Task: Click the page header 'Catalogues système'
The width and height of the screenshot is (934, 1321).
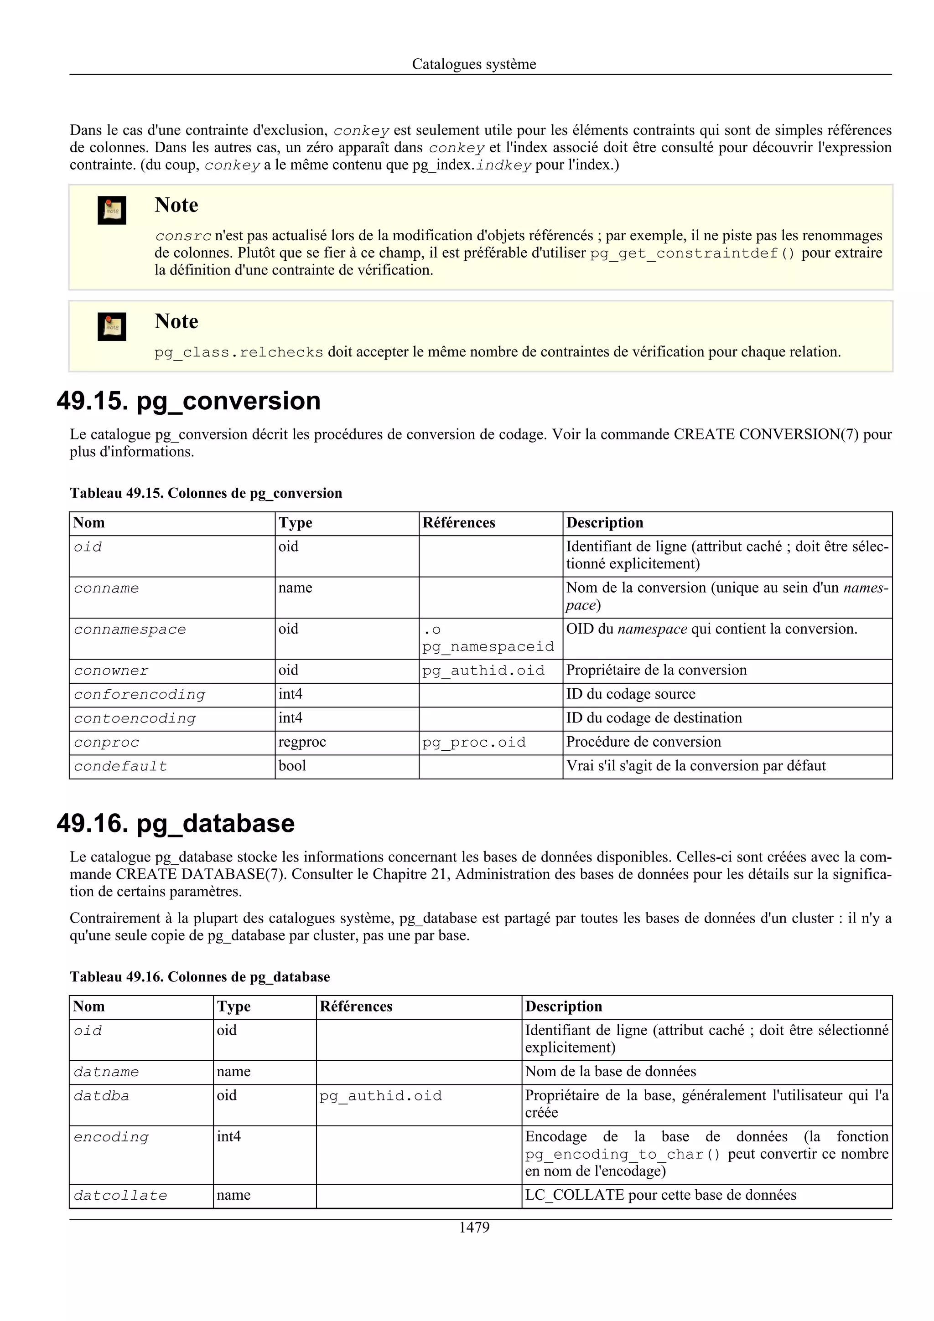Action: coord(474,64)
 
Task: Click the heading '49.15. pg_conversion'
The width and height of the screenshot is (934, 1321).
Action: coord(189,401)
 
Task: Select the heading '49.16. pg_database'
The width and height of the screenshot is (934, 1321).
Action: coord(176,823)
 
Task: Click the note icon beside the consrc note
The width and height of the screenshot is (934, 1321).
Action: coord(112,210)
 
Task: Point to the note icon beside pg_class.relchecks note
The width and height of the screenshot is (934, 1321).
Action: coord(112,326)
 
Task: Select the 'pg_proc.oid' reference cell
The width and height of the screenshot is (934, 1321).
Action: coord(474,743)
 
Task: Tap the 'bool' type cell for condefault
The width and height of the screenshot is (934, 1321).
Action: coord(292,766)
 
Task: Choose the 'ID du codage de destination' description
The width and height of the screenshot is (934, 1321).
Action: coord(654,718)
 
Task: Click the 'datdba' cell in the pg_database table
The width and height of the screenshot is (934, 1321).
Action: coord(101,1096)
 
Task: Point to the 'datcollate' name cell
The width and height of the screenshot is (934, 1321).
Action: coord(120,1196)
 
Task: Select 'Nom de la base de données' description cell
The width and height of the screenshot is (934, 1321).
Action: coord(610,1072)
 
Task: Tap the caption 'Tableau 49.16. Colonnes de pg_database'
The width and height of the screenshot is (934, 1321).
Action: coord(200,977)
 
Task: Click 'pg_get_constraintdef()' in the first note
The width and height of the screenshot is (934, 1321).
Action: coord(692,253)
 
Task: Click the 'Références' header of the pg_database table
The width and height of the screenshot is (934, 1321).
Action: coord(356,1007)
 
